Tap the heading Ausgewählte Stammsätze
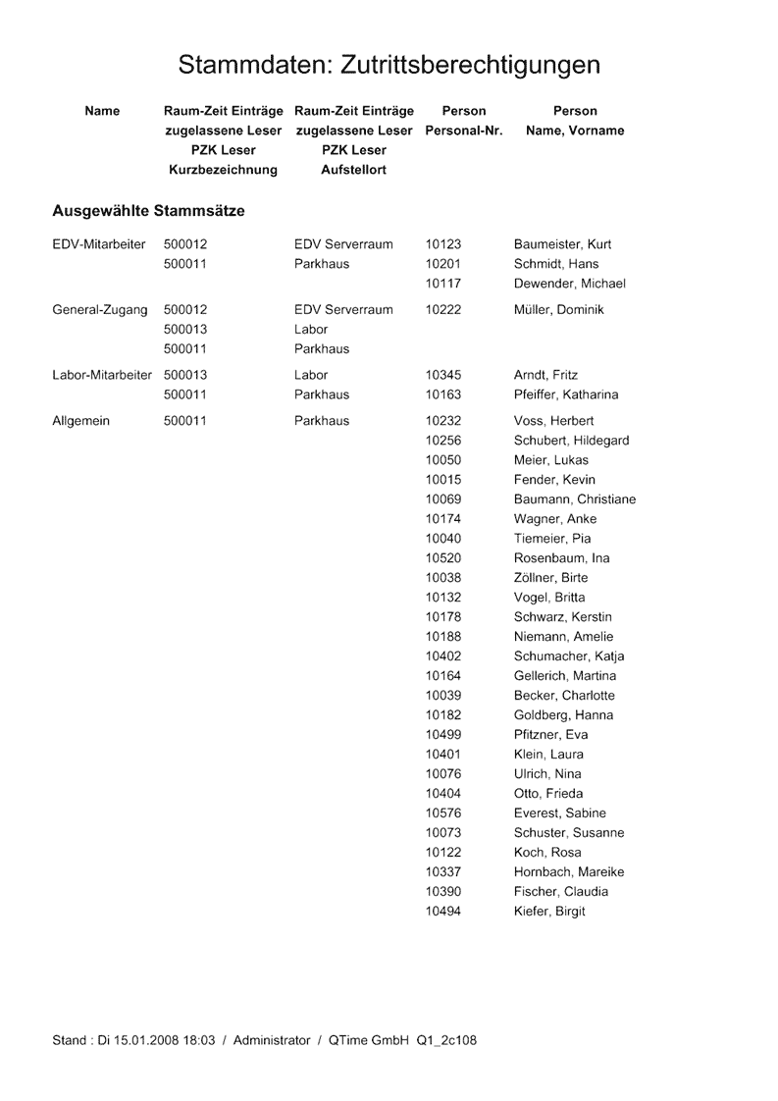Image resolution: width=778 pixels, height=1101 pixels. click(148, 211)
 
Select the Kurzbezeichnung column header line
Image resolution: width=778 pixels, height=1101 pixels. click(223, 170)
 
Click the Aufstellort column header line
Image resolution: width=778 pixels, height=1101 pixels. click(353, 170)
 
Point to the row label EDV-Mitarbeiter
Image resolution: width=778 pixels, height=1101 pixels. click(99, 244)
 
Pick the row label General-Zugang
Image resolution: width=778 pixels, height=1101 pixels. click(99, 310)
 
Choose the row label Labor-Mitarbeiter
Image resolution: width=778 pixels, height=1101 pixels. click(102, 375)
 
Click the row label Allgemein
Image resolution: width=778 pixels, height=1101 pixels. click(80, 421)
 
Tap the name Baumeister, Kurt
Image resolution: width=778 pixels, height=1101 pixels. click(562, 244)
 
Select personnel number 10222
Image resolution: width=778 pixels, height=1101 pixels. click(443, 310)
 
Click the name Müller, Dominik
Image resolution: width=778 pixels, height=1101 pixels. click(559, 310)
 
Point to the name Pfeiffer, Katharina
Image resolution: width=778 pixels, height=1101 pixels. click(566, 394)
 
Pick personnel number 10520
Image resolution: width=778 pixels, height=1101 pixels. click(443, 558)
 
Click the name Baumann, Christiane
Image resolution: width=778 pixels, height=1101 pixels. click(575, 499)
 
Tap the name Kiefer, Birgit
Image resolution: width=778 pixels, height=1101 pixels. click(549, 912)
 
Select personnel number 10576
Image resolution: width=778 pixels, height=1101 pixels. click(443, 813)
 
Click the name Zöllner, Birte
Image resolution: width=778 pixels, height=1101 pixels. click(550, 578)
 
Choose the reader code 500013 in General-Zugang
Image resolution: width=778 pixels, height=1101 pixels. click(185, 330)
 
